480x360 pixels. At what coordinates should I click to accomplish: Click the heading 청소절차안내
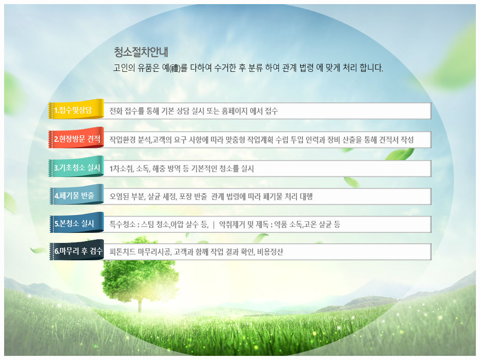coord(141,52)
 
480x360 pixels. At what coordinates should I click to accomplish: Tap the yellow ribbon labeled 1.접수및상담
coord(76,109)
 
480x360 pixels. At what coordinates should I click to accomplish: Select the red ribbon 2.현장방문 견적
coord(76,138)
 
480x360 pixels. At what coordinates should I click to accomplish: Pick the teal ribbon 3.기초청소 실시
coord(76,167)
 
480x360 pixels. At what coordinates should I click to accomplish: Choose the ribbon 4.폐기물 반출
coord(76,195)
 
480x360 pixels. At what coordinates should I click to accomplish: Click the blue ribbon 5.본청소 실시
coord(76,223)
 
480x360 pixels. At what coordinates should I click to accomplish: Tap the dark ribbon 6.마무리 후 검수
coord(76,250)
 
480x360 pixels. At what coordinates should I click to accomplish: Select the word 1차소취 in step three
coord(122,168)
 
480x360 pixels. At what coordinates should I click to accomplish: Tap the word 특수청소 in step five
coord(123,225)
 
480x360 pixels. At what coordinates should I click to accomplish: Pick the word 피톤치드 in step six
coord(123,252)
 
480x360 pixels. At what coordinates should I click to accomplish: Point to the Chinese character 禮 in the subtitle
coord(175,68)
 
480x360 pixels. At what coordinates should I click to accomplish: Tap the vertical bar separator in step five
coord(214,225)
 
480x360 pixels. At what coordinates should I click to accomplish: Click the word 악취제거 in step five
coord(232,225)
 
